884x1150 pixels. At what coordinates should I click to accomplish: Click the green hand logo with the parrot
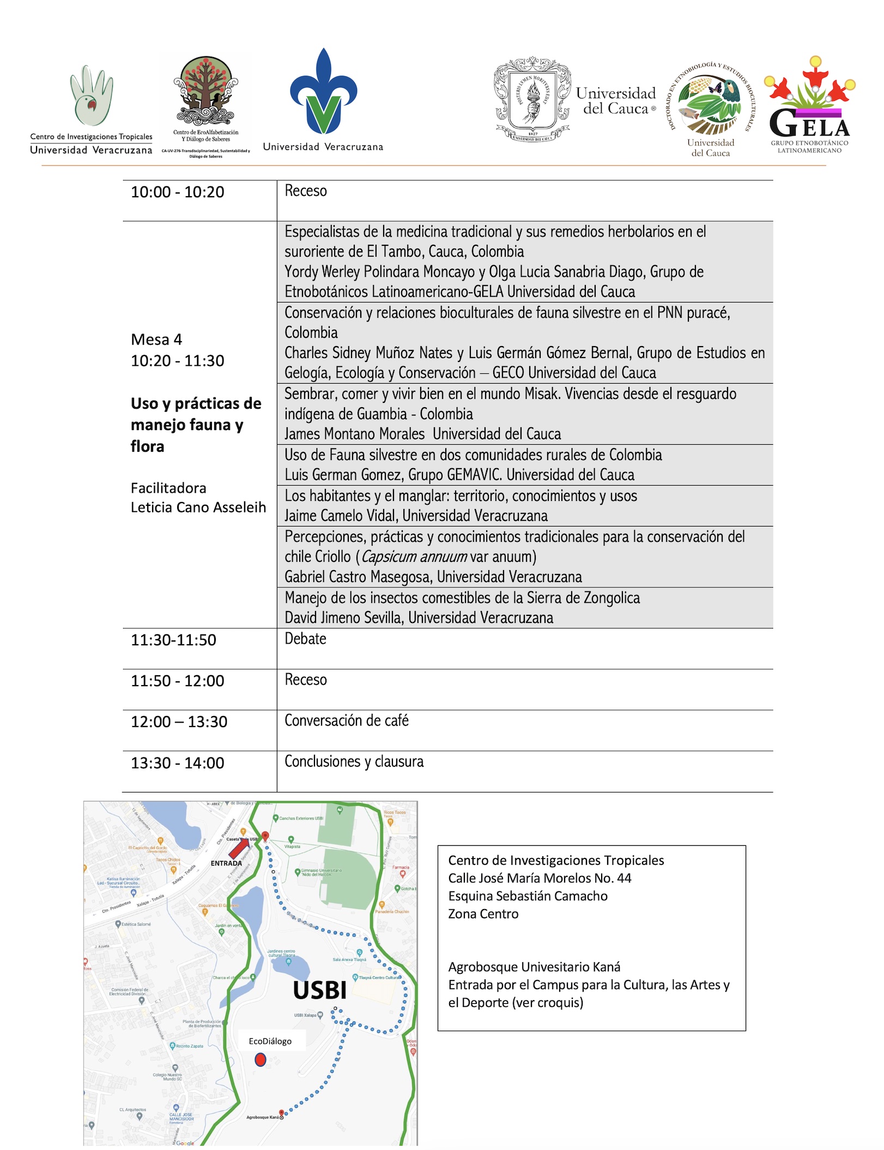[x=92, y=96]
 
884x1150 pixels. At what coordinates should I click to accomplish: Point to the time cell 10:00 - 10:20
[x=178, y=192]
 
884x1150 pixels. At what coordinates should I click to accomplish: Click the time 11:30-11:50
[x=173, y=640]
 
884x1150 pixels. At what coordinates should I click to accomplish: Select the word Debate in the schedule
[x=305, y=639]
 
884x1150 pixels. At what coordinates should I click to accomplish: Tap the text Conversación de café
[x=347, y=721]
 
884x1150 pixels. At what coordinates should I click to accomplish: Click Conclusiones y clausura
[x=354, y=761]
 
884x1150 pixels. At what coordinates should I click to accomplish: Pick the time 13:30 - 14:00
[x=178, y=763]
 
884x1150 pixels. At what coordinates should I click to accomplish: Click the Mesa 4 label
[x=156, y=340]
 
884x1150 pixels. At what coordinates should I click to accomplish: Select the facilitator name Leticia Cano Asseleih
[x=198, y=507]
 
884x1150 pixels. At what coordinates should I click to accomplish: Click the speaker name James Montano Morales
[x=355, y=434]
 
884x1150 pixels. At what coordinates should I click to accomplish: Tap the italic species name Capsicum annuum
[x=414, y=557]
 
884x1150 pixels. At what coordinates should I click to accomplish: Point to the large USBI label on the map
[x=320, y=990]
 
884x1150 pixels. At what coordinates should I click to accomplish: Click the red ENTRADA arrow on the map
[x=239, y=848]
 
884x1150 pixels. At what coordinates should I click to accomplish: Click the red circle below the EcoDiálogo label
[x=261, y=1060]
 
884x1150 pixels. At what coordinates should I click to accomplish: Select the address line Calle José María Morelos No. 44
[x=540, y=878]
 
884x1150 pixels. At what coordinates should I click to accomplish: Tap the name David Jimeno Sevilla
[x=343, y=618]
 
